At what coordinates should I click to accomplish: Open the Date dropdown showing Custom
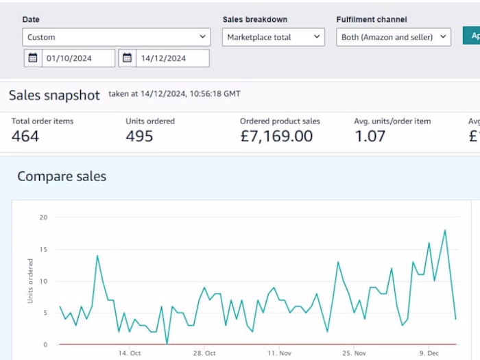pos(116,37)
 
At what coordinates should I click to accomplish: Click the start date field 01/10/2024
pos(78,58)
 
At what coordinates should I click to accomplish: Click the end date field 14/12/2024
pos(172,58)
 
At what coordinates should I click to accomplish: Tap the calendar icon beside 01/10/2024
pos(32,58)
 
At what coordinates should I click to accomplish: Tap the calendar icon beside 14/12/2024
pos(127,58)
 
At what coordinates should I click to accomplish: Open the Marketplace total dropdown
pos(273,37)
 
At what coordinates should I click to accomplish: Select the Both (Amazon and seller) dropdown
pos(394,37)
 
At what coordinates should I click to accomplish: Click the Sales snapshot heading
pos(54,95)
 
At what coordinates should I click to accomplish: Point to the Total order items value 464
pos(25,136)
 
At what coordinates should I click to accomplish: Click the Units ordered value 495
pos(139,136)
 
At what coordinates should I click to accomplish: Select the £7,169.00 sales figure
pos(276,136)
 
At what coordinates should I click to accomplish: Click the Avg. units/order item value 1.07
pos(370,136)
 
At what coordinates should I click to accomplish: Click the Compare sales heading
pos(62,176)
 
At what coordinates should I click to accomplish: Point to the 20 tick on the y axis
pos(43,217)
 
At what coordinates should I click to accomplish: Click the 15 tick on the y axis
pos(43,249)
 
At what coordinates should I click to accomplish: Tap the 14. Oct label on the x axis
pos(129,353)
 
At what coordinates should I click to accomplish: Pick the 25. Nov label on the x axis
pos(355,353)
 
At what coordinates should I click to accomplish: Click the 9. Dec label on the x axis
pos(430,353)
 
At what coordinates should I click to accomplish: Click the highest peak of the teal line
pos(445,230)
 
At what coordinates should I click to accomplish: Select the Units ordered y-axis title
pos(30,281)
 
